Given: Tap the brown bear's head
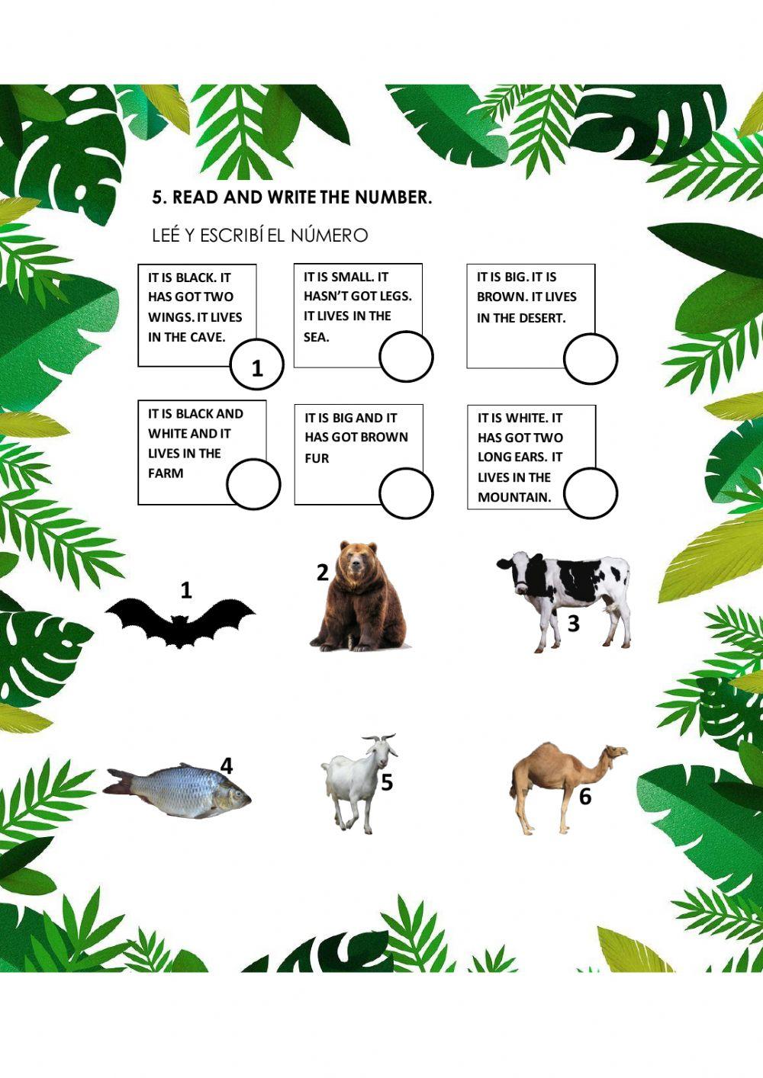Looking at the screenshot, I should pyautogui.click(x=358, y=560).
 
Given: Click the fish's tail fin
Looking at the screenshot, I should pyautogui.click(x=118, y=781).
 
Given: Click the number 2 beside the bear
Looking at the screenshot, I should pyautogui.click(x=323, y=572).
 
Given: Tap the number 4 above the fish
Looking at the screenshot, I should pyautogui.click(x=226, y=765).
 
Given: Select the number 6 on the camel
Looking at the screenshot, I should pyautogui.click(x=585, y=797).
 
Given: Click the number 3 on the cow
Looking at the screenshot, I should pyautogui.click(x=574, y=624).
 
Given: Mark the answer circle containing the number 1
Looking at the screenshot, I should pyautogui.click(x=257, y=366).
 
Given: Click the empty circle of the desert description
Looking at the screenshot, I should pyautogui.click(x=591, y=358).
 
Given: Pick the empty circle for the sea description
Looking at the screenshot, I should pyautogui.click(x=406, y=357).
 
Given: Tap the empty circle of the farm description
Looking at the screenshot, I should pyautogui.click(x=253, y=484).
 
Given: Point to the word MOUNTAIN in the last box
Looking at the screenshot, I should pyautogui.click(x=514, y=497).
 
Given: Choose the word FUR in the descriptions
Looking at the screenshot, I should pyautogui.click(x=317, y=458).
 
